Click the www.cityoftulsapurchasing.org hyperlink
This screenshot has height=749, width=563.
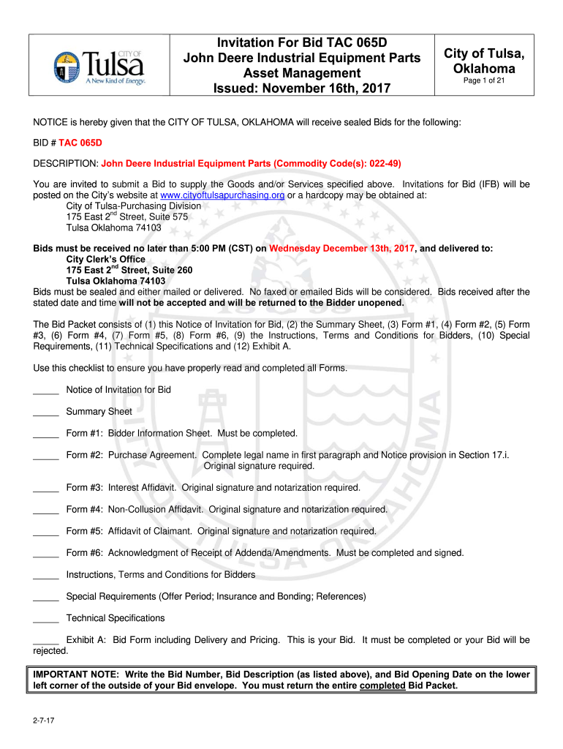click(x=222, y=195)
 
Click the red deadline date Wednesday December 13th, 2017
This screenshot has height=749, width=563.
click(x=341, y=248)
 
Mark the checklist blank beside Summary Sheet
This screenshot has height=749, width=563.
click(x=46, y=413)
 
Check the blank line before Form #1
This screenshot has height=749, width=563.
click(x=46, y=434)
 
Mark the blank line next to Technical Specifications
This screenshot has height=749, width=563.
click(x=46, y=619)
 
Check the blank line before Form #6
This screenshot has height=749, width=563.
click(x=46, y=554)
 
